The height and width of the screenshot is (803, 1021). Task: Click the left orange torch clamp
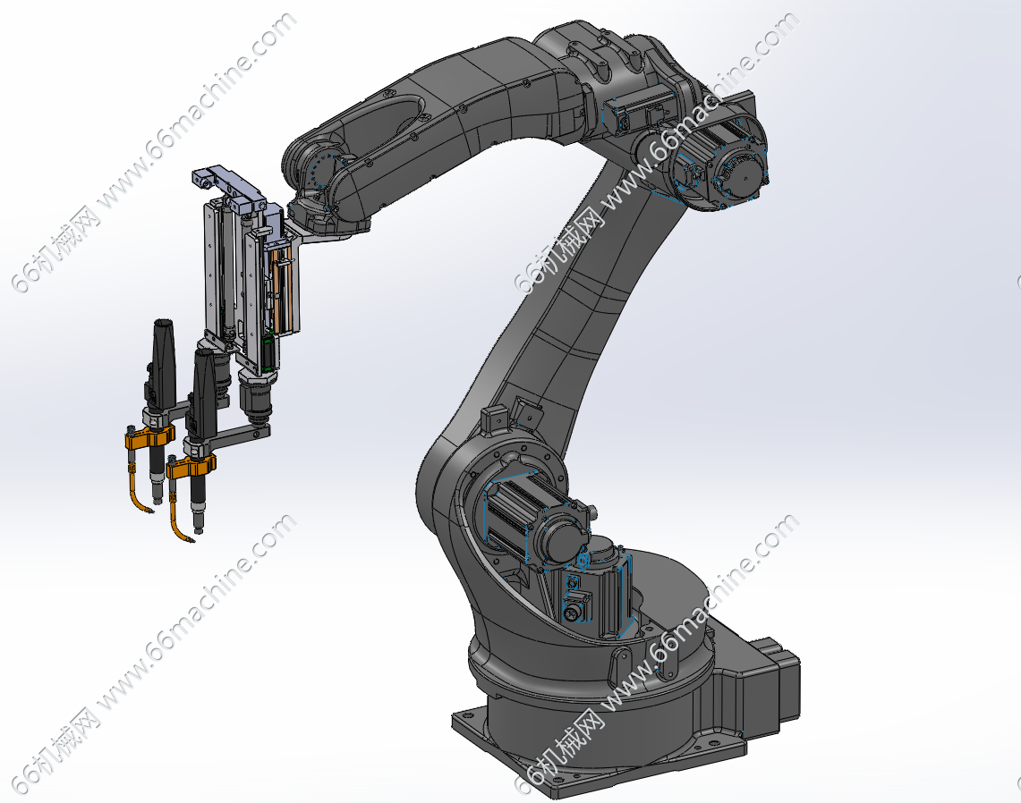tap(149, 437)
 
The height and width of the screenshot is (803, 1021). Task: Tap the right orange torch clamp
tap(190, 466)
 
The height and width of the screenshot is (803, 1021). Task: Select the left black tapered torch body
tap(163, 355)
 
